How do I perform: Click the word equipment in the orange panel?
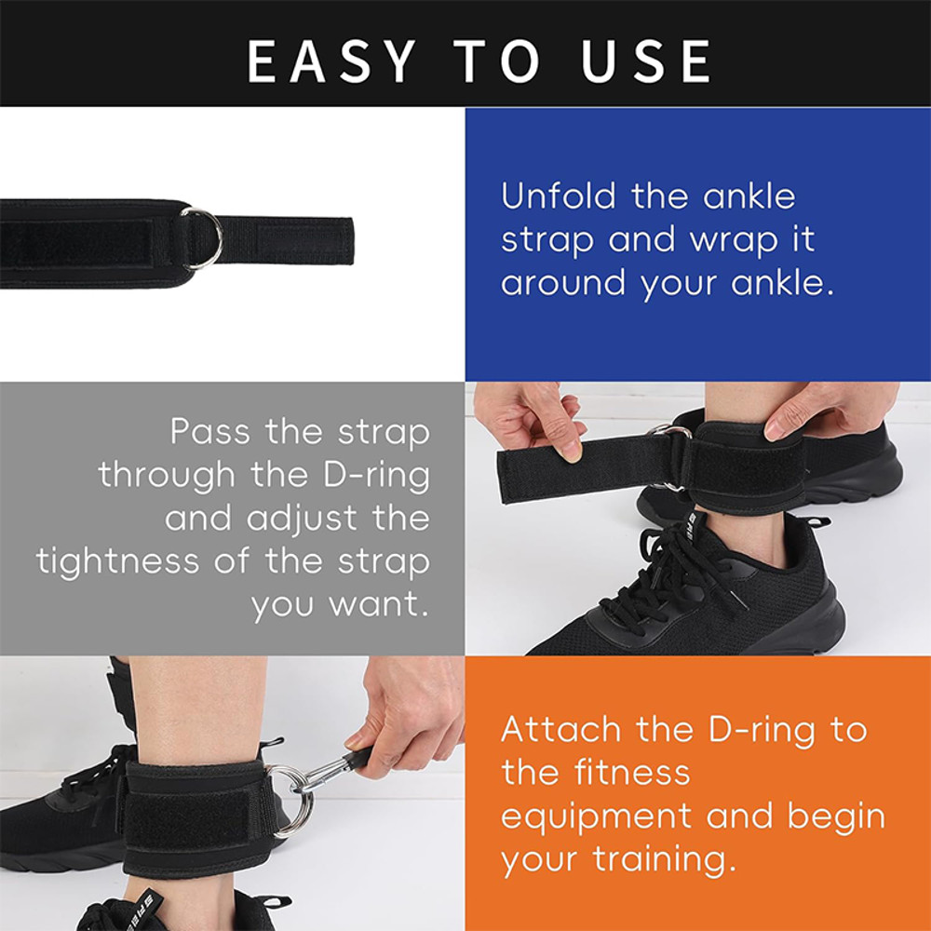click(596, 816)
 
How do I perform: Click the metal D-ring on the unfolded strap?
click(202, 237)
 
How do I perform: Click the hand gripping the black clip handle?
click(410, 712)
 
